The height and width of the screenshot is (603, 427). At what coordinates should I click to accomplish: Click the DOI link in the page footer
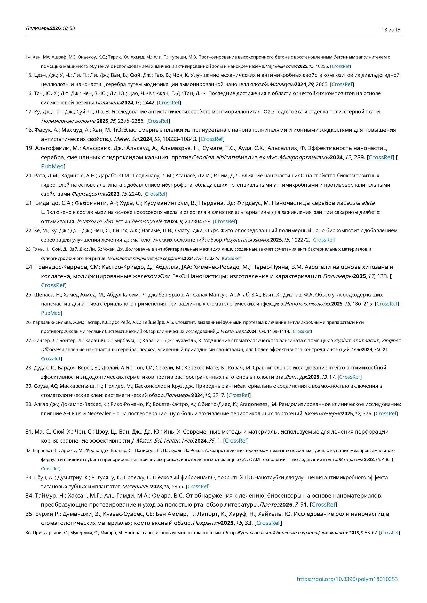tap(347, 579)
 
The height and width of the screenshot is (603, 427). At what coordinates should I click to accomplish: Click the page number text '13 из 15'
tap(391, 30)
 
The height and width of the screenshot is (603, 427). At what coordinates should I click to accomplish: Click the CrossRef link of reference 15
tap(342, 84)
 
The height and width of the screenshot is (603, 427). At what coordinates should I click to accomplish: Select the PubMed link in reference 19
tap(52, 167)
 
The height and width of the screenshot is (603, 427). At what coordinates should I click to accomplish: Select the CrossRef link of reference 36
tap(390, 533)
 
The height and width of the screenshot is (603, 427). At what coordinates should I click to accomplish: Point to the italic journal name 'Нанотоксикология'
tap(308, 304)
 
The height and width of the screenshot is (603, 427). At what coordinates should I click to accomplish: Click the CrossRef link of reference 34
tap(323, 505)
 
